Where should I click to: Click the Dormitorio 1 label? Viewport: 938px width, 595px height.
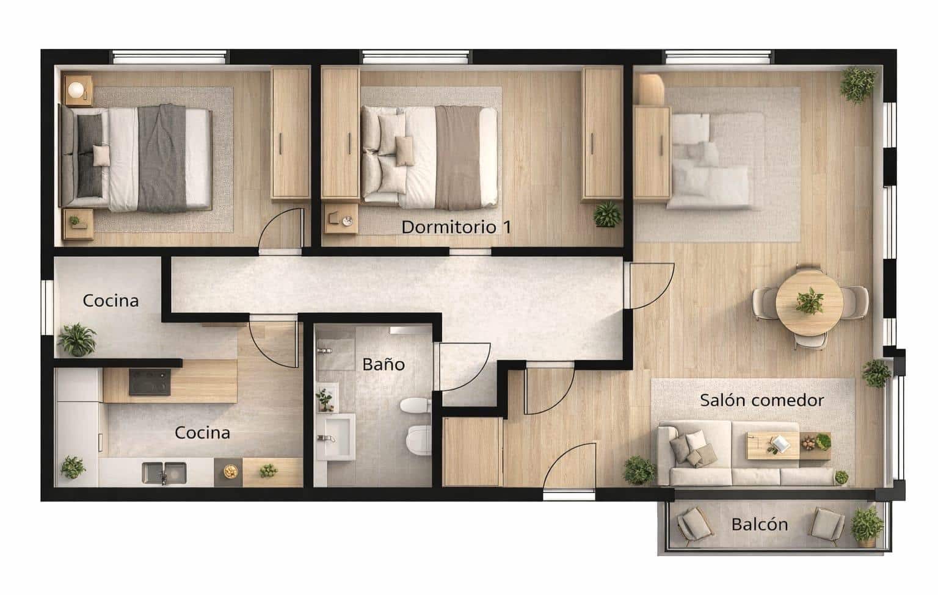(x=456, y=227)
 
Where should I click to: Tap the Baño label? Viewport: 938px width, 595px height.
(x=384, y=364)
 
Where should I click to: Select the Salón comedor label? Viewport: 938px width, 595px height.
(x=762, y=400)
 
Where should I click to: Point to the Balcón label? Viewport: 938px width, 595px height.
(x=759, y=524)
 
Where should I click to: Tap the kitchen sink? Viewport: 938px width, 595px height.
(x=164, y=472)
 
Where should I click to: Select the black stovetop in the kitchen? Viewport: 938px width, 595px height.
(x=150, y=382)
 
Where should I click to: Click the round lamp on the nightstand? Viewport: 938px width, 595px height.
(x=76, y=89)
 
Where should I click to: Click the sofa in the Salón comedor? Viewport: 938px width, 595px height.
(x=727, y=455)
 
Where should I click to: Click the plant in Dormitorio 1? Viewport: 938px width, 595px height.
(x=607, y=214)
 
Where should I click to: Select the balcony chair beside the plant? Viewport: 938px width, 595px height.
(x=828, y=524)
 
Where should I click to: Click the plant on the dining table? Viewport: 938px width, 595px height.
(x=810, y=301)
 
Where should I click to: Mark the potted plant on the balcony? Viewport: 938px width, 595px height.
(x=867, y=523)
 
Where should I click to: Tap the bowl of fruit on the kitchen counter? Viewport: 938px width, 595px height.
(x=230, y=472)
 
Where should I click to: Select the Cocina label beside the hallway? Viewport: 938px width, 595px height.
(x=111, y=300)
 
